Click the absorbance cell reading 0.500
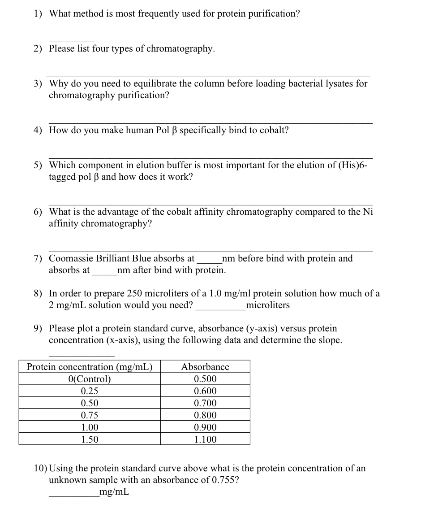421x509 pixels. [205, 379]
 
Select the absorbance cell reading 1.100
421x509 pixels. [205, 439]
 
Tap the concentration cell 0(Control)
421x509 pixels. [90, 379]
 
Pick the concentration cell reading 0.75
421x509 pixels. [90, 415]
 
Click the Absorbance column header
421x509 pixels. [205, 367]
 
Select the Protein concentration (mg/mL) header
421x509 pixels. [90, 367]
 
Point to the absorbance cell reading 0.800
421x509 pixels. [205, 415]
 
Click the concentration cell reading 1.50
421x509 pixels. [90, 439]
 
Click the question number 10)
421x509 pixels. [41, 469]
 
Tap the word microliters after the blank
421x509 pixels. [268, 305]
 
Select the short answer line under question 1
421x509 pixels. [71, 41]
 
